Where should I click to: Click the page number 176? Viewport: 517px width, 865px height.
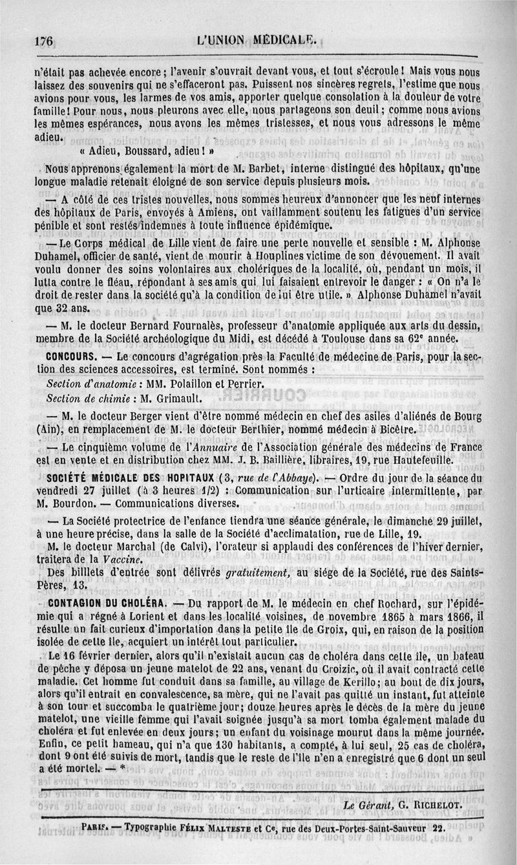pyautogui.click(x=43, y=40)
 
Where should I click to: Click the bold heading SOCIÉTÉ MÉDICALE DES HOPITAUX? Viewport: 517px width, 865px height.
pyautogui.click(x=129, y=478)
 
